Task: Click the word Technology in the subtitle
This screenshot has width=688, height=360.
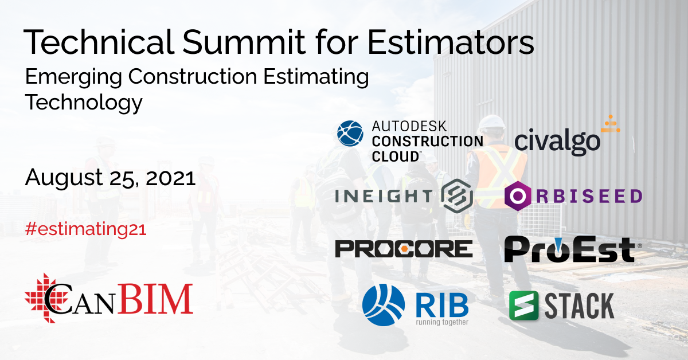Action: click(83, 103)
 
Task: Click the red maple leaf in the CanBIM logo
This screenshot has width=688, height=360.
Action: click(41, 296)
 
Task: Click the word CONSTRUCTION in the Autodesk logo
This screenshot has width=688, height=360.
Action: click(427, 140)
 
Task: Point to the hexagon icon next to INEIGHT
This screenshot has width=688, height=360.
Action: click(457, 195)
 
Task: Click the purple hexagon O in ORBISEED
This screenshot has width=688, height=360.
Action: click(518, 195)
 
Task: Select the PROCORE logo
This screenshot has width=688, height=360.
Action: click(404, 248)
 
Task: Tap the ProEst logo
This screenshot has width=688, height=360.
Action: click(569, 249)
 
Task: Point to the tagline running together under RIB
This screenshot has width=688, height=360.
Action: click(442, 322)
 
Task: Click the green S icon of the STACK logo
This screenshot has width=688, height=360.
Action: click(523, 305)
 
